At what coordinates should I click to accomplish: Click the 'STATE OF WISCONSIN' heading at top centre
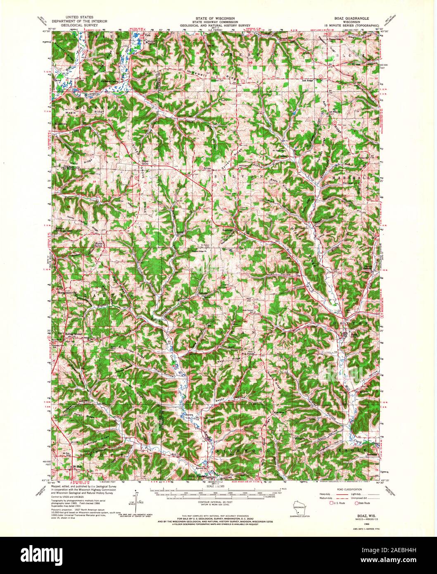click(x=218, y=19)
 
